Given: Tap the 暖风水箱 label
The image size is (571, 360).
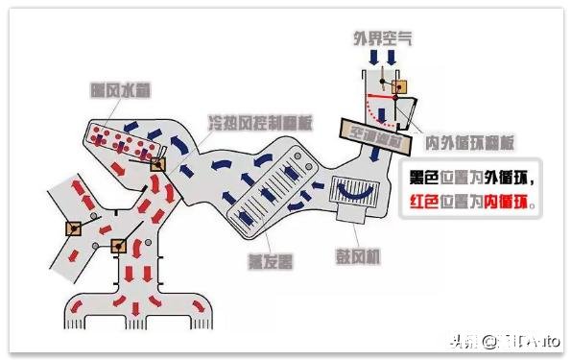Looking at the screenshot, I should (x=114, y=93).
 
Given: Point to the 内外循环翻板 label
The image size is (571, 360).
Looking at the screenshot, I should (x=470, y=144).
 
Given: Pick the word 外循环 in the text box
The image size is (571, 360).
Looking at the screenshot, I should (x=512, y=178).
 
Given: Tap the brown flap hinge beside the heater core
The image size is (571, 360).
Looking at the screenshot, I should (x=156, y=164).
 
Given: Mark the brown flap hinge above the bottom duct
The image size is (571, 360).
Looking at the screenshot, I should (x=119, y=245).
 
